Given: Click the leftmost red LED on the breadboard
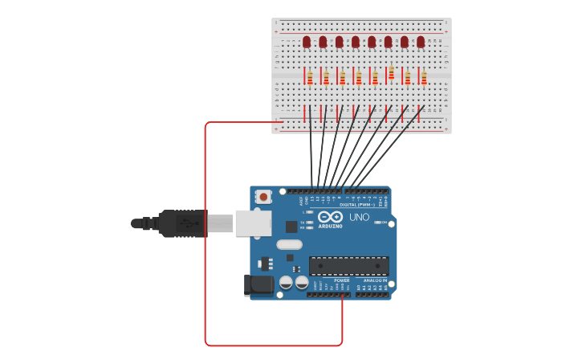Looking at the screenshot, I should [307, 41].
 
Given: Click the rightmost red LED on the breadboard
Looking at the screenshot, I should [421, 41].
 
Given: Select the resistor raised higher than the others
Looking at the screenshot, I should [391, 73].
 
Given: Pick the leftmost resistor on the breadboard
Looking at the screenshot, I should [310, 77].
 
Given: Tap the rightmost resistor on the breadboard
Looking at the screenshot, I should [424, 77].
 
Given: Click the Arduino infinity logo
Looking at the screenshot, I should [330, 217].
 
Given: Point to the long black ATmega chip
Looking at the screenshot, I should [349, 265].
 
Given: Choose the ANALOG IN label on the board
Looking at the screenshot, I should [374, 280].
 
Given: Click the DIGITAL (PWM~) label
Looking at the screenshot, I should [356, 205].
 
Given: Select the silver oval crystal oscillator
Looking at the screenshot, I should [289, 244].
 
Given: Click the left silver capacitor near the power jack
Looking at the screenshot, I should [286, 282].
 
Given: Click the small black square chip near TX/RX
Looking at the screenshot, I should [291, 227].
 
